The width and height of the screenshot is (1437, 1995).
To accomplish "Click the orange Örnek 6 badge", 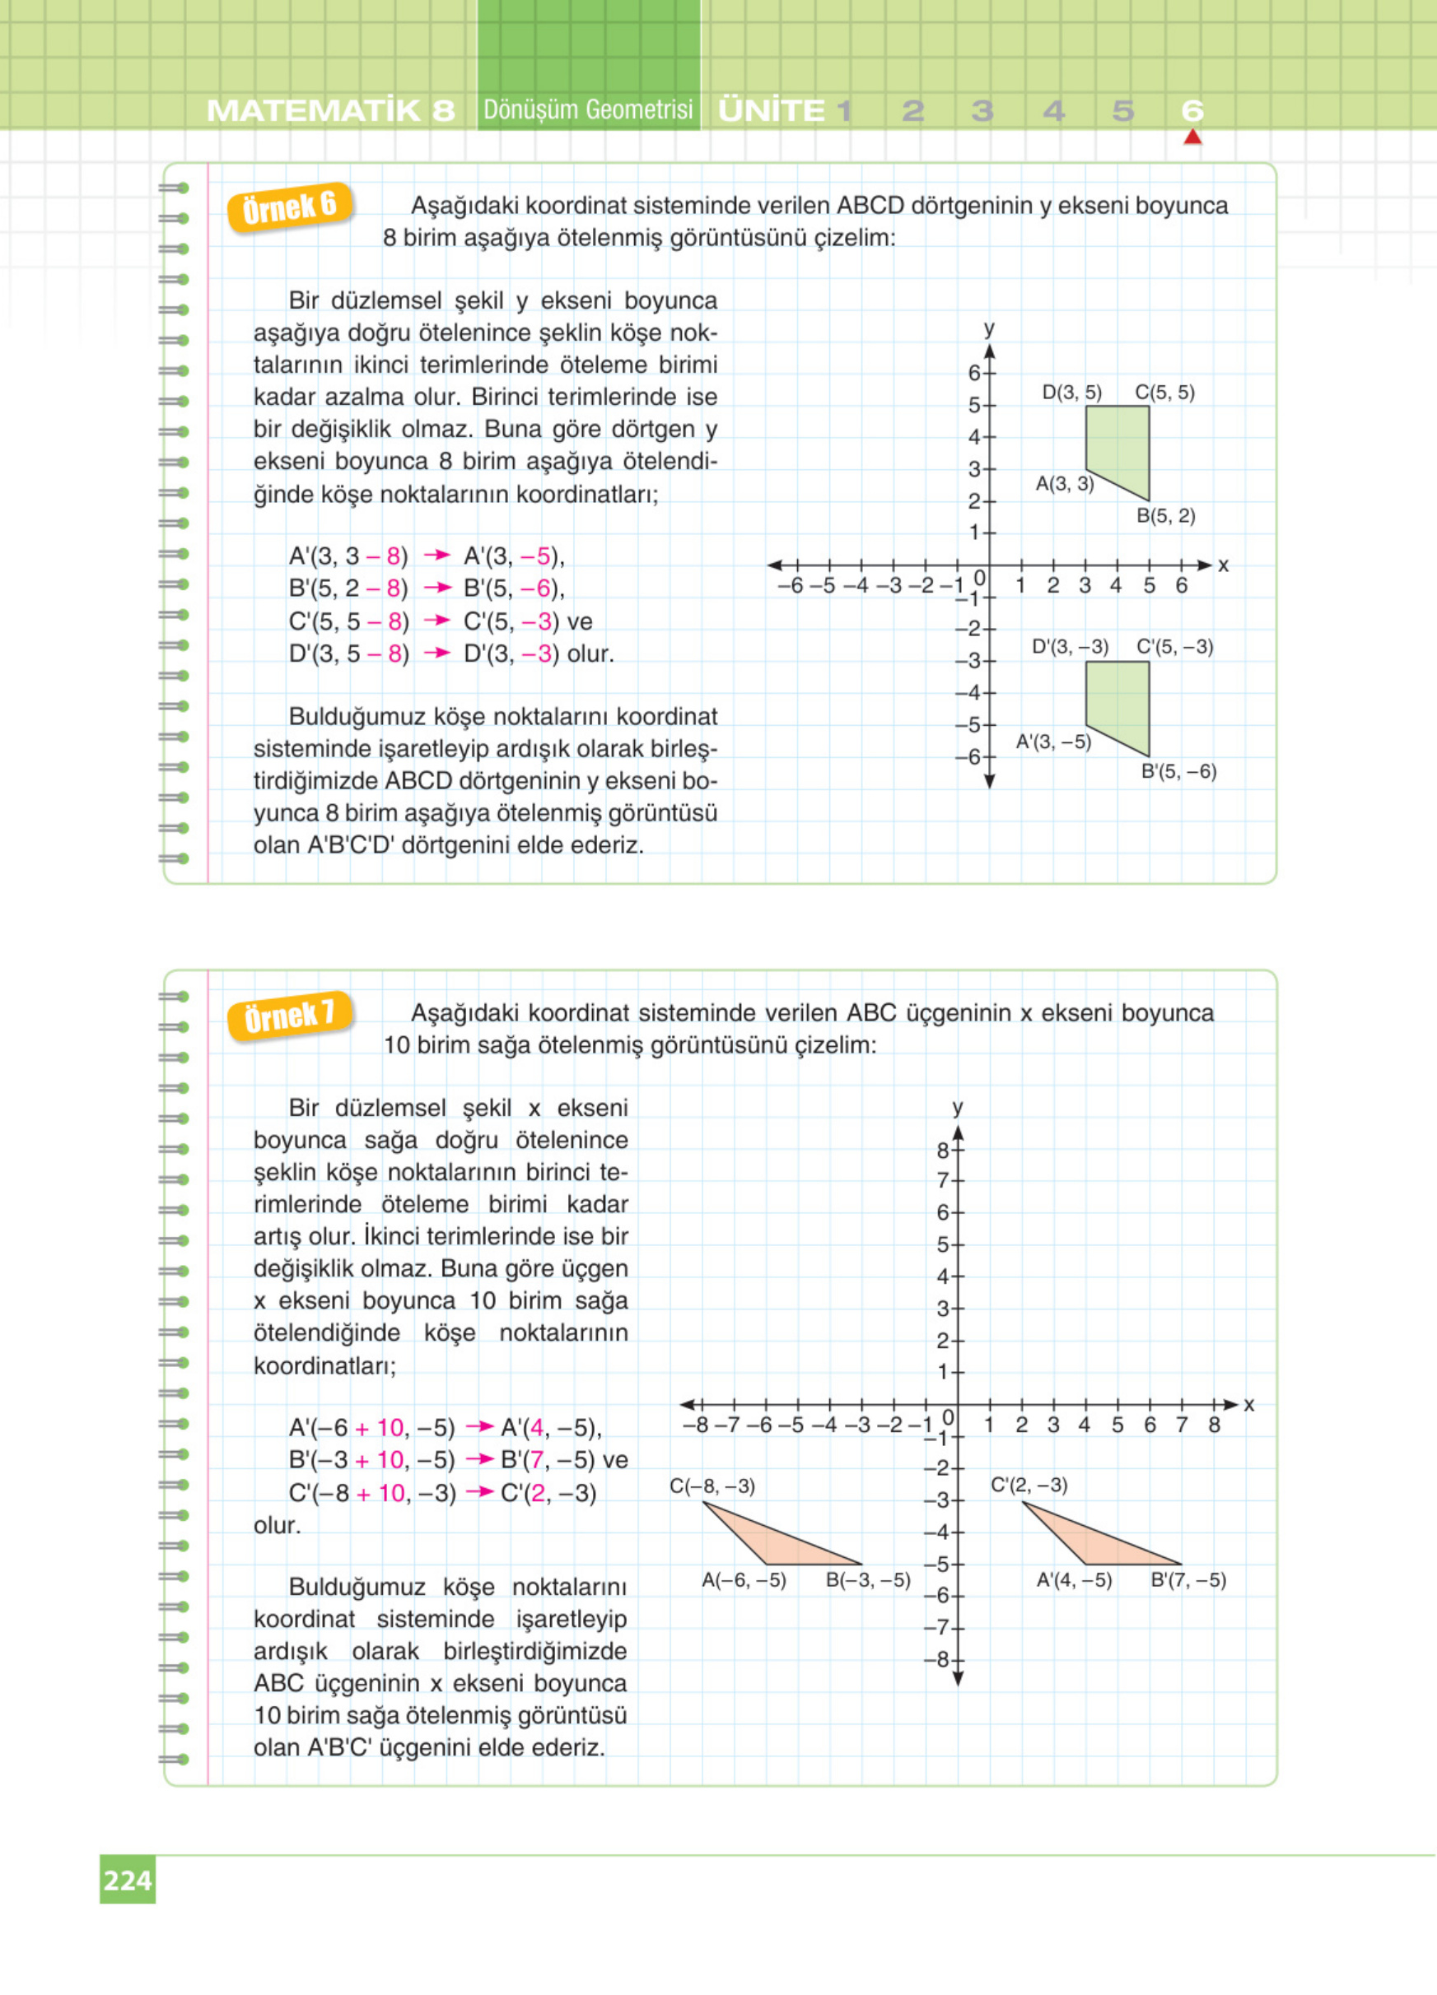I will click(290, 207).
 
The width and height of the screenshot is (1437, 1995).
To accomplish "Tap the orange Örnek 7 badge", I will click(291, 1016).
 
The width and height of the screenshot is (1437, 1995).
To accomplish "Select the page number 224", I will click(128, 1880).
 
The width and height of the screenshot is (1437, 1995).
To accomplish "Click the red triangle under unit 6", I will click(1192, 137).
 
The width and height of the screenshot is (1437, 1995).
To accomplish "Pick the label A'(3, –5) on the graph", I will click(1053, 742).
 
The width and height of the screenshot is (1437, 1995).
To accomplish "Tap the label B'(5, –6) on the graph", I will click(1178, 772).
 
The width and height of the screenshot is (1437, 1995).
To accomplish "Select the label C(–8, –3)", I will click(712, 1486).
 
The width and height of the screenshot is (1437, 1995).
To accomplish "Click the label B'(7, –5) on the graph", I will click(1188, 1580).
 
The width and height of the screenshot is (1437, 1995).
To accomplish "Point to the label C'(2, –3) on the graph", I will click(1029, 1485).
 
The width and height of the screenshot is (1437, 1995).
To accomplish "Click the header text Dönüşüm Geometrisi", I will click(588, 110).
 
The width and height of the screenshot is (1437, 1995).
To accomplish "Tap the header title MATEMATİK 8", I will click(331, 111).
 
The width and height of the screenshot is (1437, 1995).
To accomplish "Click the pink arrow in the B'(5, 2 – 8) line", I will click(436, 588).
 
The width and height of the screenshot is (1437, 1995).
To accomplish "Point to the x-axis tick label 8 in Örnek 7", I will click(1215, 1424).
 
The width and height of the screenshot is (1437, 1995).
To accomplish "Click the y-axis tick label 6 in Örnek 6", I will click(974, 373).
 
